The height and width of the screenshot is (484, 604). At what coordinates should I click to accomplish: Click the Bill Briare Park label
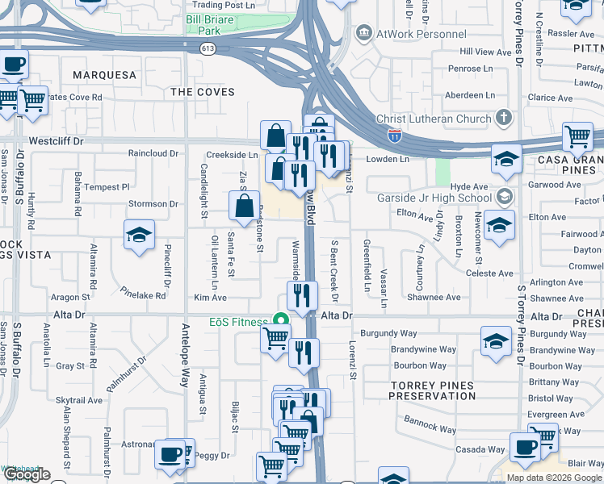214,23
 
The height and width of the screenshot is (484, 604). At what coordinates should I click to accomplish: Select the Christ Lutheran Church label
434,119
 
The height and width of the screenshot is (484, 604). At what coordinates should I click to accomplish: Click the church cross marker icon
504,119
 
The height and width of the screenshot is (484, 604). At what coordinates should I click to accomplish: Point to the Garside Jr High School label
434,198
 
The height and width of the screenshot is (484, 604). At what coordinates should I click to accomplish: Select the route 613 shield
208,48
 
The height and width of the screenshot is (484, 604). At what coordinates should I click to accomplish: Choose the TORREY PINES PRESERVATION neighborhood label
433,391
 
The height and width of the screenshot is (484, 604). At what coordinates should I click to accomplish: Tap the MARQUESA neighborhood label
105,75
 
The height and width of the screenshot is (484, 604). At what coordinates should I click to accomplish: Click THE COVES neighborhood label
203,92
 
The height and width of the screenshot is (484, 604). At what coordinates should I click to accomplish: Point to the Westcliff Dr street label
56,141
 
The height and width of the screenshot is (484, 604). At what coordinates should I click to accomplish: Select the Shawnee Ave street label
433,297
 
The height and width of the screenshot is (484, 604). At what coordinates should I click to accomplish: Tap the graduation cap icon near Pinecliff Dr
139,235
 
